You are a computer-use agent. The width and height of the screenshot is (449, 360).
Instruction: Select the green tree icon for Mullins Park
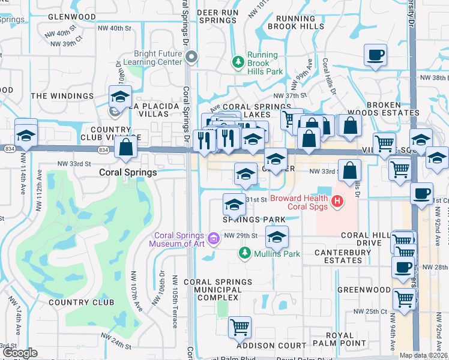[x=244, y=254]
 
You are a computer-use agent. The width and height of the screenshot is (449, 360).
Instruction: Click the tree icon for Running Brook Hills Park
[x=238, y=61]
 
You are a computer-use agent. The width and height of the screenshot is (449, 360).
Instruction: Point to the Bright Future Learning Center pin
[x=191, y=58]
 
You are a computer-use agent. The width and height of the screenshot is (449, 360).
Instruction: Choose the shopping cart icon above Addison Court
[x=240, y=328]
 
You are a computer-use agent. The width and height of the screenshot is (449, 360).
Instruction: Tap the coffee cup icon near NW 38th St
[x=375, y=55]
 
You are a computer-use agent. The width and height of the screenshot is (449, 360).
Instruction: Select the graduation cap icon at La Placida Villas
[x=120, y=96]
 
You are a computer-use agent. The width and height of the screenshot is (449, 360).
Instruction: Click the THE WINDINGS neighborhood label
[x=62, y=95]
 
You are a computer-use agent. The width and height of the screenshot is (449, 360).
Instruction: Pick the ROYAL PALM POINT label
[x=345, y=339]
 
